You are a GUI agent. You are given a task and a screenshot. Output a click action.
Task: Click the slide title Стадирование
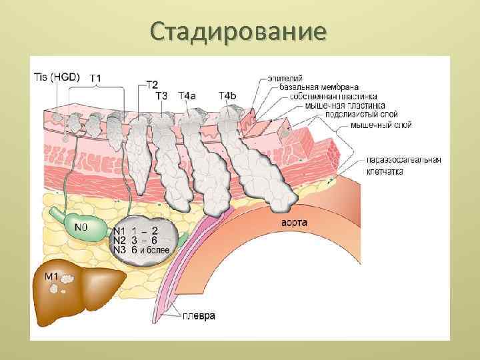click(x=239, y=31)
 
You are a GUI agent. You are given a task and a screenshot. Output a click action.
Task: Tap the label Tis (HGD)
click(x=56, y=76)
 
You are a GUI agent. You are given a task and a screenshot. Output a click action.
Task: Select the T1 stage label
click(x=95, y=77)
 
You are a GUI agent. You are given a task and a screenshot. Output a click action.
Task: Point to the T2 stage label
click(x=152, y=85)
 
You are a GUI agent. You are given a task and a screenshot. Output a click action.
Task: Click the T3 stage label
click(x=162, y=95)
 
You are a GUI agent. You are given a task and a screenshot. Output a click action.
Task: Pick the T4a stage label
click(x=187, y=95)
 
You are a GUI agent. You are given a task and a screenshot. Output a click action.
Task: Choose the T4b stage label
click(x=227, y=95)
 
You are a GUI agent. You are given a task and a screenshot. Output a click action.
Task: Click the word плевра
click(x=199, y=316)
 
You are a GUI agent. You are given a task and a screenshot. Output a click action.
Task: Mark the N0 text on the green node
click(x=81, y=227)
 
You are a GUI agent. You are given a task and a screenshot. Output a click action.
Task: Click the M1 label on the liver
click(x=53, y=275)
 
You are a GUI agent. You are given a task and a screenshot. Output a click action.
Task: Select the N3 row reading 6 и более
click(x=141, y=250)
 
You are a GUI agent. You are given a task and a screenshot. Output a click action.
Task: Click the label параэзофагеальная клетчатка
click(x=403, y=166)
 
